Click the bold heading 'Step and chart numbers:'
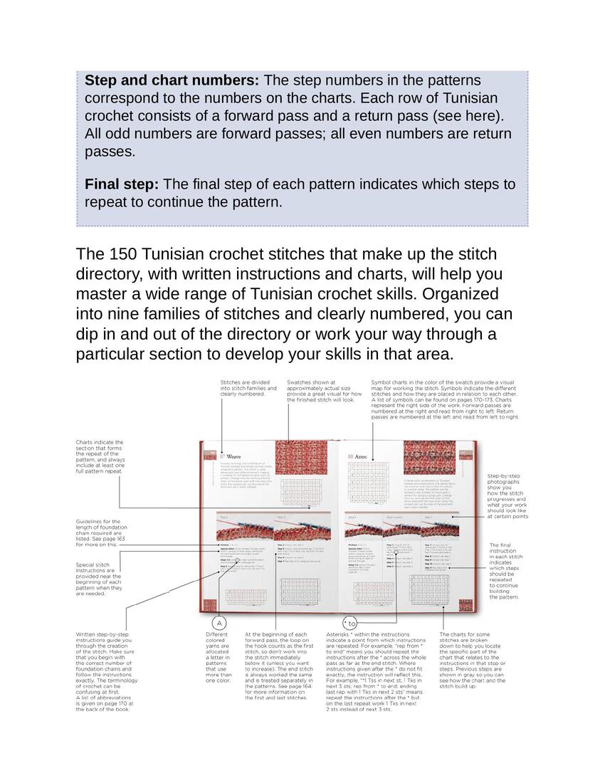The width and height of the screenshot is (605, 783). coord(172,80)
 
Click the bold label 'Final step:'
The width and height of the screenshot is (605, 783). coord(121,184)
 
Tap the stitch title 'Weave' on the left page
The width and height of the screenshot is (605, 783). coord(234,456)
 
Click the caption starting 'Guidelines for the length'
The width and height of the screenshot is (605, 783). coord(99,532)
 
